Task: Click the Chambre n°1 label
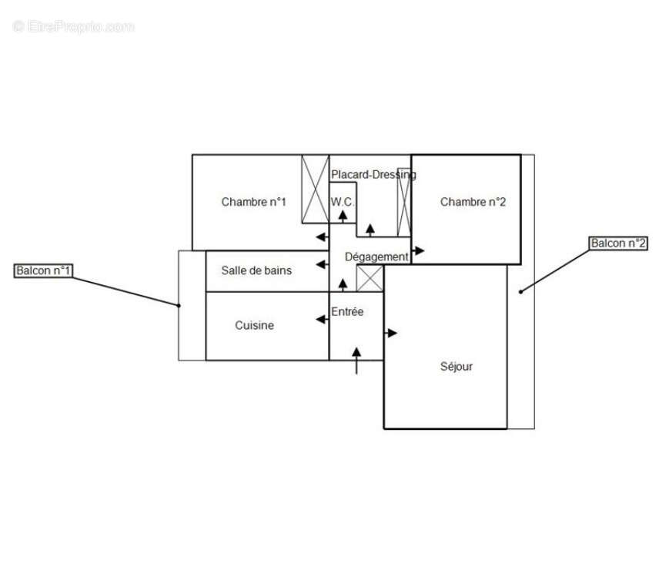pyautogui.click(x=253, y=203)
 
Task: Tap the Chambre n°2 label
pyautogui.click(x=473, y=203)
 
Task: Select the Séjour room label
pyautogui.click(x=456, y=367)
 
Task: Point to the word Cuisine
pyautogui.click(x=254, y=326)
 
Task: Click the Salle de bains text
pyautogui.click(x=256, y=270)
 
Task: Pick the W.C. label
pyautogui.click(x=343, y=202)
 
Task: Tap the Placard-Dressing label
pyautogui.click(x=373, y=175)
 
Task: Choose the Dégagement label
pyautogui.click(x=376, y=257)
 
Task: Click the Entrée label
pyautogui.click(x=347, y=312)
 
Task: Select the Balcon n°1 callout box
pyautogui.click(x=44, y=271)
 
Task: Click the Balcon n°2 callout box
pyautogui.click(x=618, y=243)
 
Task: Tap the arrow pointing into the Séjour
pyautogui.click(x=391, y=333)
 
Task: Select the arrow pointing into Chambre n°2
pyautogui.click(x=418, y=250)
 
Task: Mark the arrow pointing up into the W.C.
pyautogui.click(x=343, y=215)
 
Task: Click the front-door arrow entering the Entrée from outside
pyautogui.click(x=356, y=360)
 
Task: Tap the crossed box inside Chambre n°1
pyautogui.click(x=315, y=189)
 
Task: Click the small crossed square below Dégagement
pyautogui.click(x=370, y=278)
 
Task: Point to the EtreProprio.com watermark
pyautogui.click(x=73, y=27)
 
